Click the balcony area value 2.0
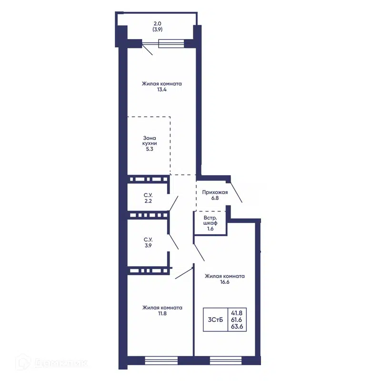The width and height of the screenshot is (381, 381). tap(157, 23)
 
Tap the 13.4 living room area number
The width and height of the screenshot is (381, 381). tap(161, 90)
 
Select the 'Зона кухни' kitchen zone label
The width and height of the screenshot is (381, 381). tap(150, 140)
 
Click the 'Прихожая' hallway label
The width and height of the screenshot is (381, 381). tap(215, 192)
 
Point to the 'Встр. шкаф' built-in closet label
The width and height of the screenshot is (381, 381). tap(210, 221)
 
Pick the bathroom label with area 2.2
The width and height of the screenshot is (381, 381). tap(148, 198)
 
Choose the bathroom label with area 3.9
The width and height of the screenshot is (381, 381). tap(148, 242)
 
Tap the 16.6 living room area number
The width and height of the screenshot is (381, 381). tap(225, 282)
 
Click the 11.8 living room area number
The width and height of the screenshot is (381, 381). tap(162, 313)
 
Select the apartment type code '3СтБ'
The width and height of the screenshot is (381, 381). tap(215, 320)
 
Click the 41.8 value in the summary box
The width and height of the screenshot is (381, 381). tap(237, 313)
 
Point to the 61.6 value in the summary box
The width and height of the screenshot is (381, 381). tap(237, 320)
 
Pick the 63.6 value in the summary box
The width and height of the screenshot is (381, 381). tap(237, 326)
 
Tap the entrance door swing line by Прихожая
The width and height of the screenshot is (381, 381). tap(236, 192)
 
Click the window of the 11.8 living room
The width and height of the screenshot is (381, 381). tap(161, 361)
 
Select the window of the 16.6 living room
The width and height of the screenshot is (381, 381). tap(226, 361)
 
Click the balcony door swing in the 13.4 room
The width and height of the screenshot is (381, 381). tap(148, 50)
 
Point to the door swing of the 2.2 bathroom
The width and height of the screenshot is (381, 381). tap(174, 203)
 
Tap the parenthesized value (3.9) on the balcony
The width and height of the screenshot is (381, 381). tap(158, 30)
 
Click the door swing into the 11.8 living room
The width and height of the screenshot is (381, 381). tap(184, 273)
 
